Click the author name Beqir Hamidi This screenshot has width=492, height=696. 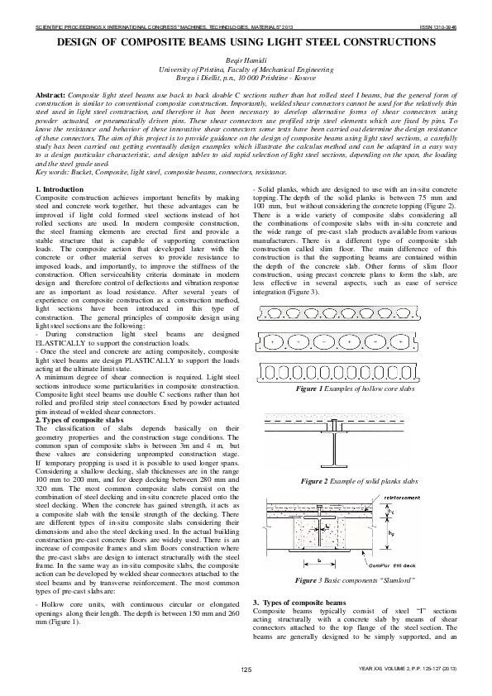pyautogui.click(x=246, y=61)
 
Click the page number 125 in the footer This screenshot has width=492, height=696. pyautogui.click(x=246, y=668)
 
